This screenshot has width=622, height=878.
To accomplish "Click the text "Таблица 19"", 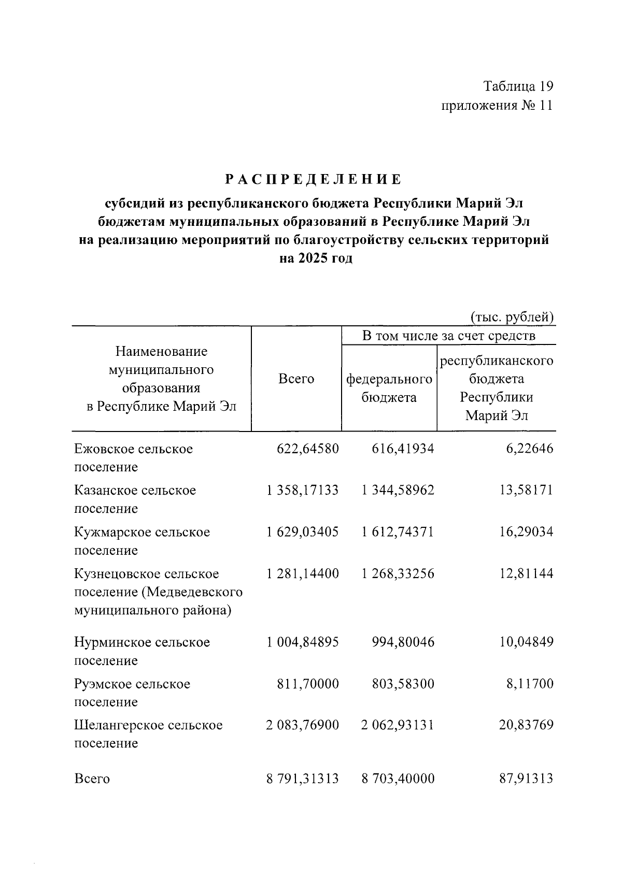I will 518,85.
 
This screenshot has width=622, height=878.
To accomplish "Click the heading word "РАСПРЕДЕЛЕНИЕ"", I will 313,180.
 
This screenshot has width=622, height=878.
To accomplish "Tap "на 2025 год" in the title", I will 316,258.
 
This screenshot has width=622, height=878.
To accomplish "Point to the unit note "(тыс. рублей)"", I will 512,316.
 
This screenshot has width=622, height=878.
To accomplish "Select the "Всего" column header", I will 296,379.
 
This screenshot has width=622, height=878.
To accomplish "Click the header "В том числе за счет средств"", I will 448,336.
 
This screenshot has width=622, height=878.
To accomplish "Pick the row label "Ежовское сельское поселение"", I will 133,457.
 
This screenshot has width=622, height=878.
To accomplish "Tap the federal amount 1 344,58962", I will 398,490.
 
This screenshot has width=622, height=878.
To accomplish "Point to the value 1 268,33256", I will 398,573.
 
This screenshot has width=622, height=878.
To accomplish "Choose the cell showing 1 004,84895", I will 302,642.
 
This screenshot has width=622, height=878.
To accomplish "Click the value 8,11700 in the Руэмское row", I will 530,684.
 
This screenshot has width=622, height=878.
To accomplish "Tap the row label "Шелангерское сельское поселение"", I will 148,733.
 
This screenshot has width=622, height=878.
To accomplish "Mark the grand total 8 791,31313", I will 302,779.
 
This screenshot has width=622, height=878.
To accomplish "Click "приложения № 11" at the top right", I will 497,106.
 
